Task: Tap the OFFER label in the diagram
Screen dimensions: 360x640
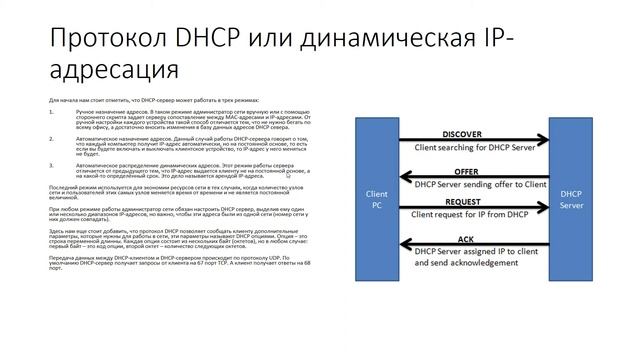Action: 466,172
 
